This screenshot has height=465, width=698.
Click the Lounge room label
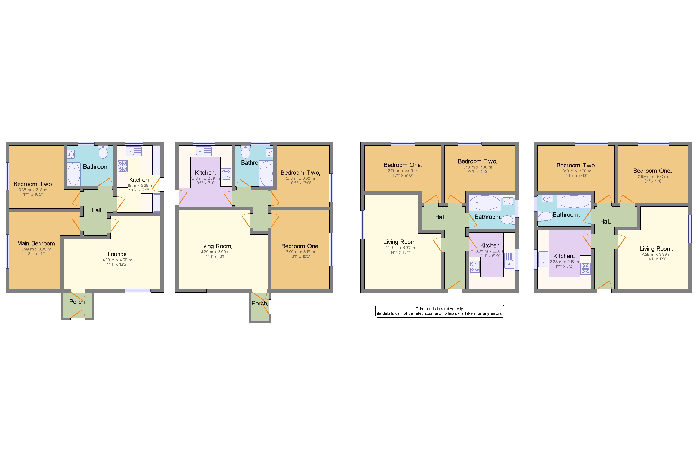click(117, 254)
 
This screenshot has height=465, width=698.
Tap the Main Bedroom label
click(36, 243)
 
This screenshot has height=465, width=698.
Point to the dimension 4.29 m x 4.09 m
click(117, 260)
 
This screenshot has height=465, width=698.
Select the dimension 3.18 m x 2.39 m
click(205, 179)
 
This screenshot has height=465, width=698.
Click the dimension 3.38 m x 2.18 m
click(564, 262)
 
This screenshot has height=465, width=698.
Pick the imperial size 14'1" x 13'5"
click(117, 265)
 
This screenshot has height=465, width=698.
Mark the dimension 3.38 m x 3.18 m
click(33, 190)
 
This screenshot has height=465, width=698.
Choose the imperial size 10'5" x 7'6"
click(138, 190)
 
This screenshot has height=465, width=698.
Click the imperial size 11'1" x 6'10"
click(490, 256)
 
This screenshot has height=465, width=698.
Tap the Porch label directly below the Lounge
click(77, 302)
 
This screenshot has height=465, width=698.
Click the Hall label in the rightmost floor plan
click(605, 222)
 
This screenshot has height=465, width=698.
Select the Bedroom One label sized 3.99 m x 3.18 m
click(300, 246)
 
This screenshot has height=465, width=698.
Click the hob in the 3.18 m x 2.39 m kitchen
click(226, 174)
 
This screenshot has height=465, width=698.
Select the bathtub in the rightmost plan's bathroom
click(574, 202)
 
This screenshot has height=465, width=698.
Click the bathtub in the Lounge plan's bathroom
click(73, 174)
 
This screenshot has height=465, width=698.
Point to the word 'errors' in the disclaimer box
click(495, 313)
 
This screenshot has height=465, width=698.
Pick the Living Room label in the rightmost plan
click(656, 249)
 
